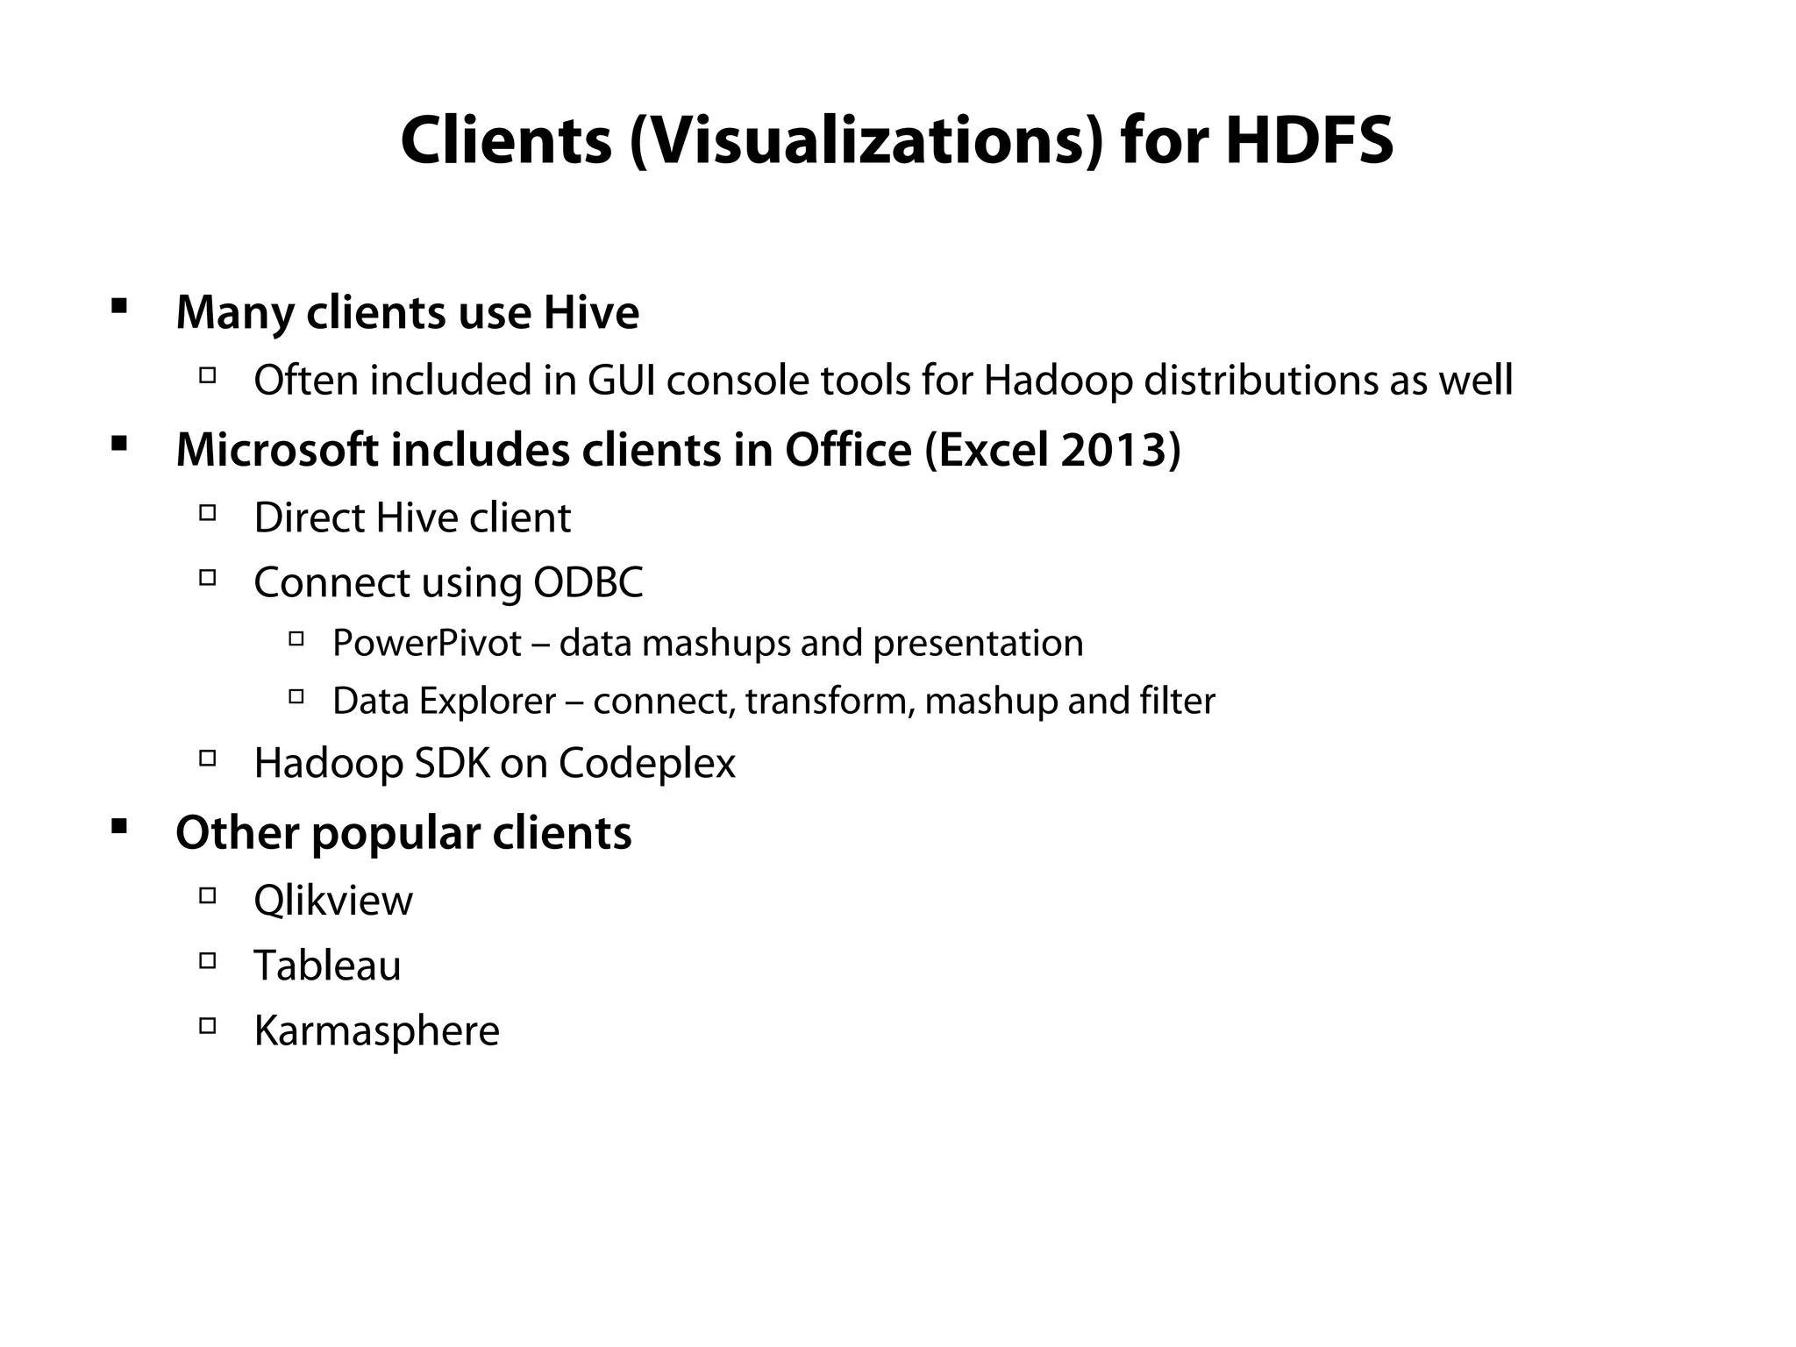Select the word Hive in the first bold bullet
point(591,312)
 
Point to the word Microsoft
point(277,450)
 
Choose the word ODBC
point(588,582)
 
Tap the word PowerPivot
point(427,643)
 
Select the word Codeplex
point(646,763)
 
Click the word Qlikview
point(332,901)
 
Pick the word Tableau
point(327,966)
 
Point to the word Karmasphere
point(376,1030)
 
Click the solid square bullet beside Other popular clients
point(119,826)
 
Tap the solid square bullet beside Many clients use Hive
point(119,306)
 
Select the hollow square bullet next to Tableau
point(208,960)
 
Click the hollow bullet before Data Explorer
point(296,697)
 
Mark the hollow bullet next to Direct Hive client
point(208,512)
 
